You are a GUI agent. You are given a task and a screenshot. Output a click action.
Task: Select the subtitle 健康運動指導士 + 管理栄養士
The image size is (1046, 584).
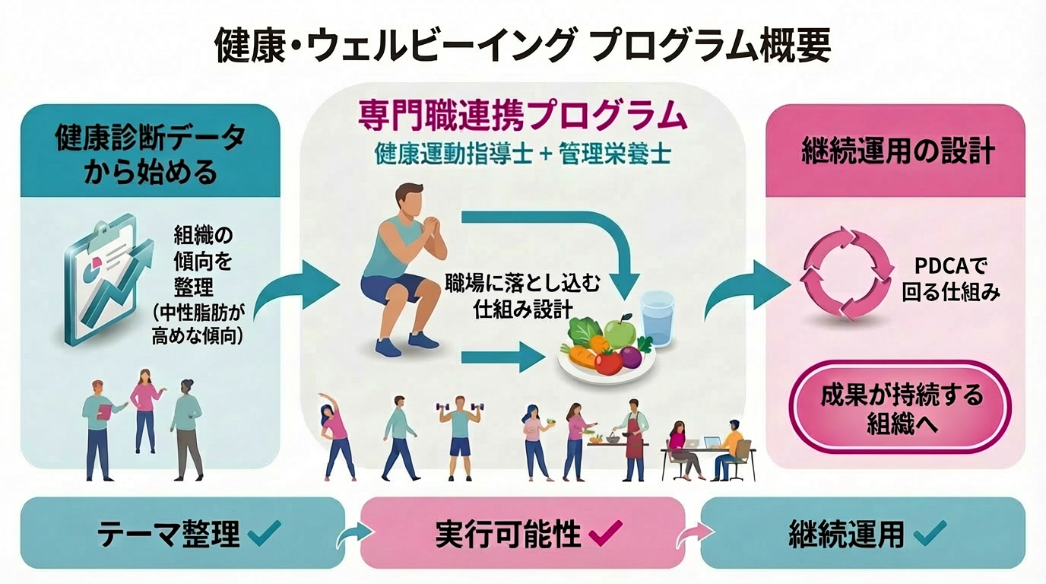pos(522,154)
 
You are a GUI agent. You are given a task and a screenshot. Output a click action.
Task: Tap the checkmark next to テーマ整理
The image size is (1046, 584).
pos(265,533)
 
